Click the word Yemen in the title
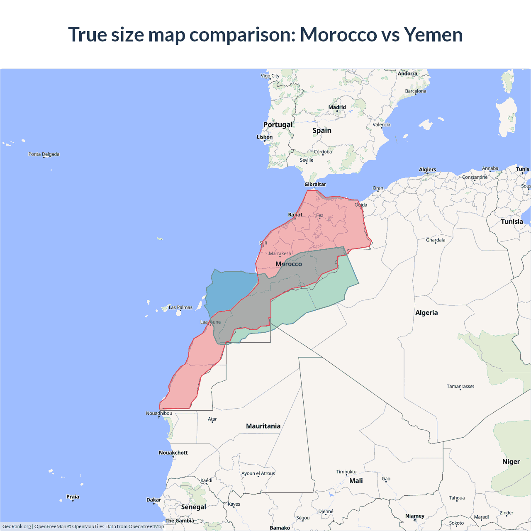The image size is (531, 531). [433, 34]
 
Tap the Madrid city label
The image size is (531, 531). [337, 107]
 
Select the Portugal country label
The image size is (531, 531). [278, 125]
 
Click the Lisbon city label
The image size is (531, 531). [265, 137]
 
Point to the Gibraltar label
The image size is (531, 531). [315, 184]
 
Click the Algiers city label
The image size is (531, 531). [427, 170]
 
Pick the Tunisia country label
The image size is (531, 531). [512, 222]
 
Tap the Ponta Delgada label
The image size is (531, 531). [44, 154]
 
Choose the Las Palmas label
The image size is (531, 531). [180, 307]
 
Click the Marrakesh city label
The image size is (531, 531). [280, 253]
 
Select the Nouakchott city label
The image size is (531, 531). [173, 453]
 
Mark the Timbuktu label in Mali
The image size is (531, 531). [346, 472]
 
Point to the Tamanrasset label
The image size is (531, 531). [460, 386]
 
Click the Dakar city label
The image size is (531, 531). [154, 499]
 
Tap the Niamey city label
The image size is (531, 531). [415, 516]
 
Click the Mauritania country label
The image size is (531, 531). [263, 426]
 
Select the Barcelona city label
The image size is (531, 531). [416, 91]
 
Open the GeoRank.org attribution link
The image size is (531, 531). [17, 526]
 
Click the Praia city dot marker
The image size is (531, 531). [73, 501]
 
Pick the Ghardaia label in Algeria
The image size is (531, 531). [436, 240]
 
